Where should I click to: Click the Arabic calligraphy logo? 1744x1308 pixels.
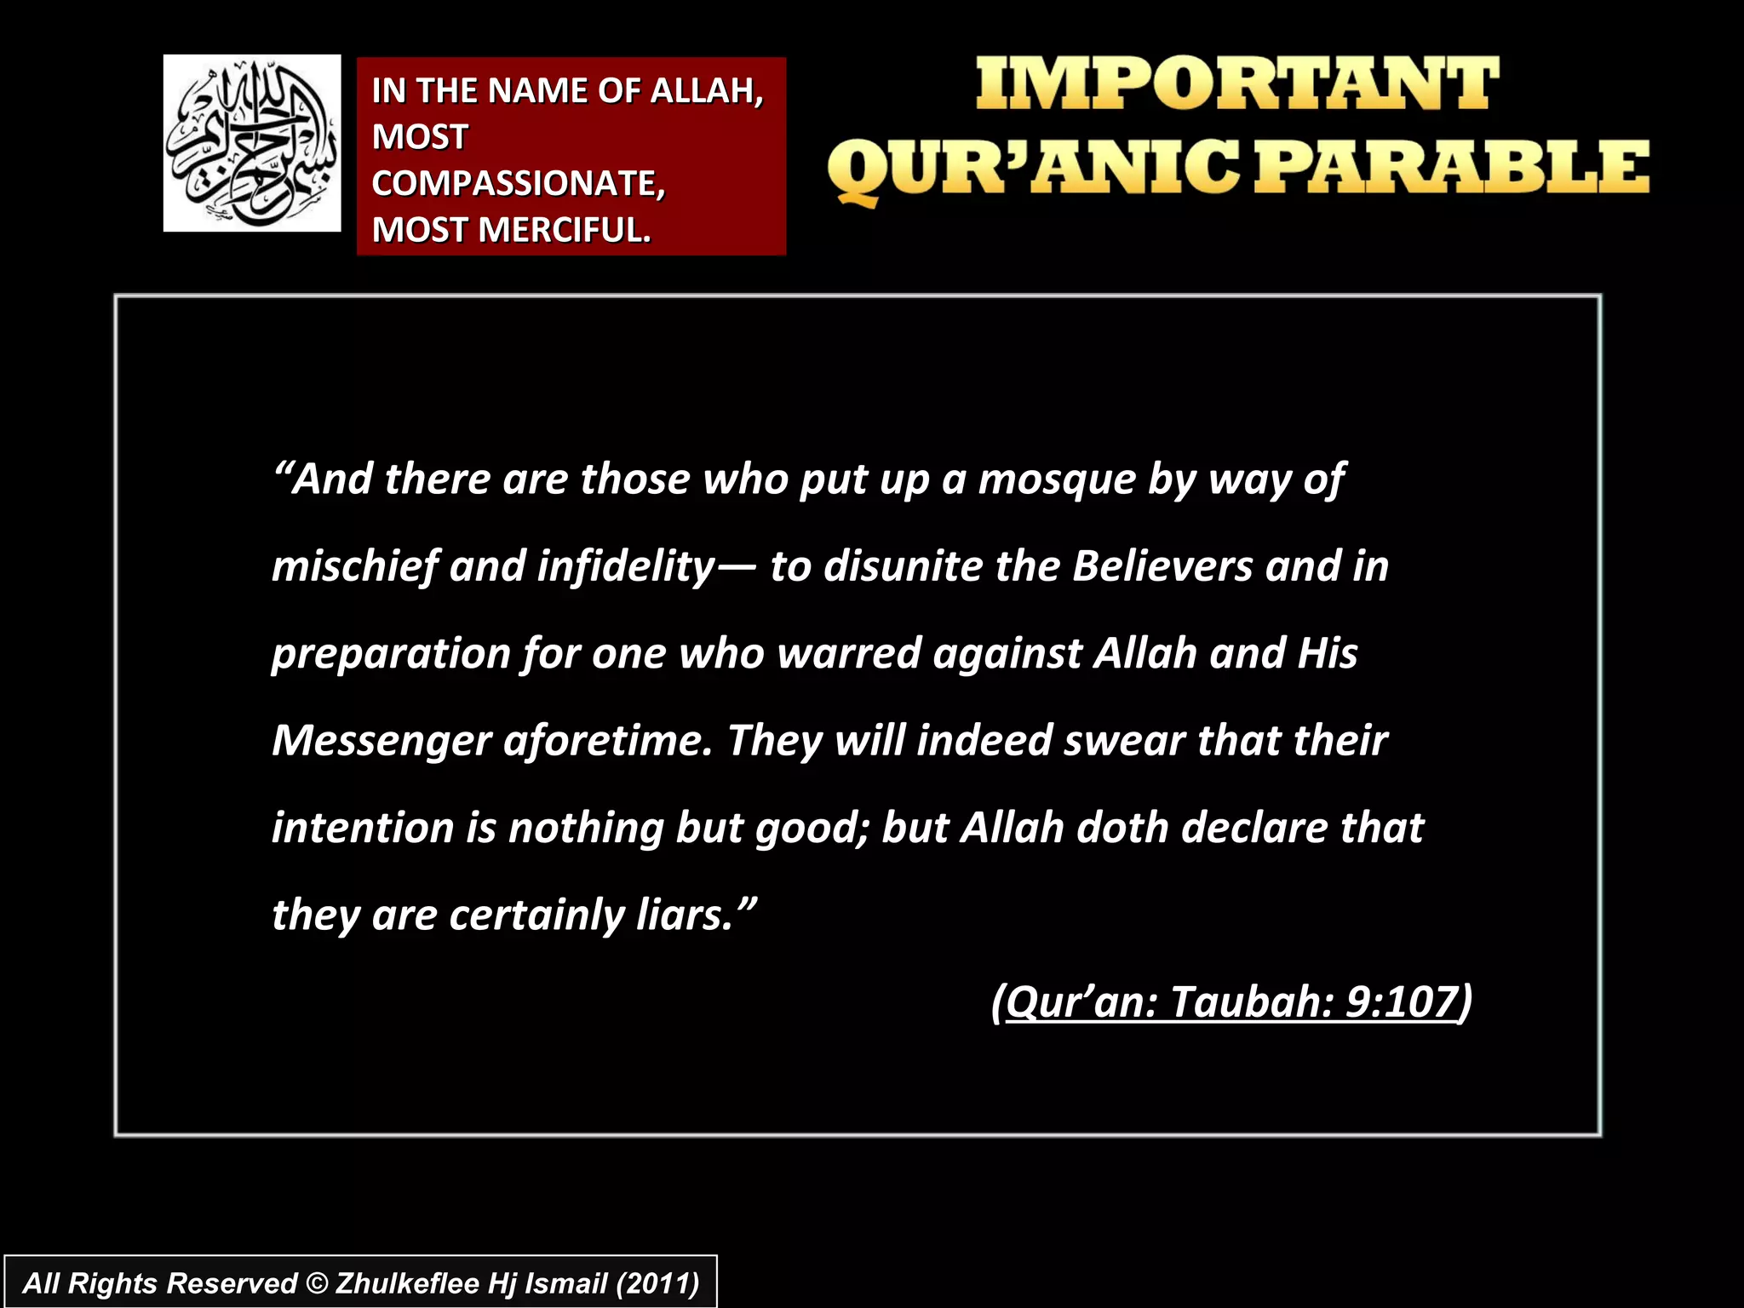coord(252,143)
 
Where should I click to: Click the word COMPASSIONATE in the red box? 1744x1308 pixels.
coord(516,184)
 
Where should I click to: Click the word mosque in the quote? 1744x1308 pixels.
coord(1057,479)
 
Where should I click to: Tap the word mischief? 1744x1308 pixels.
coord(355,567)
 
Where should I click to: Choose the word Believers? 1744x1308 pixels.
coord(1162,566)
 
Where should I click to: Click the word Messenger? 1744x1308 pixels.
coord(381,741)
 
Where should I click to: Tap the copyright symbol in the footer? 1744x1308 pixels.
coord(317,1283)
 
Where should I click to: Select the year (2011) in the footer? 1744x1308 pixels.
coord(657,1283)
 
